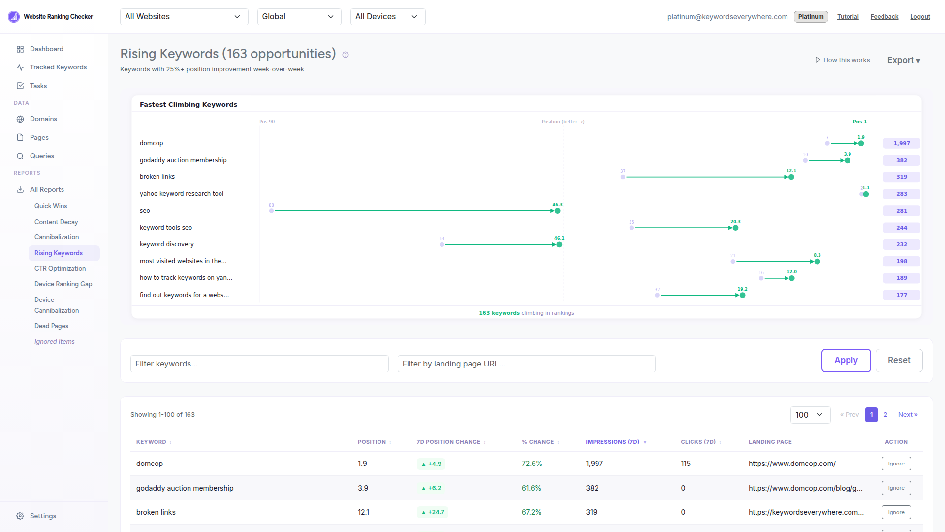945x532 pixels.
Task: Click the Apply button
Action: point(846,360)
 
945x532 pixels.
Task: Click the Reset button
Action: point(899,360)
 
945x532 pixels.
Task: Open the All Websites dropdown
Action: point(184,17)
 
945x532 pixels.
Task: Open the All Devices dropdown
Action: point(387,17)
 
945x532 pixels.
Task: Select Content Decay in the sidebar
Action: point(56,222)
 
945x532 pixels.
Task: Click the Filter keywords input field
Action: point(259,364)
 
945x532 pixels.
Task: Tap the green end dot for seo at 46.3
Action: point(557,211)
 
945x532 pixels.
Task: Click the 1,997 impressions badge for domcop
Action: point(901,143)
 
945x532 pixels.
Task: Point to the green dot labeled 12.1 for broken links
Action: point(791,177)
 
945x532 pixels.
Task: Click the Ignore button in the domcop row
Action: point(896,464)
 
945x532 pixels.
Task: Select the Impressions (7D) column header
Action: point(612,442)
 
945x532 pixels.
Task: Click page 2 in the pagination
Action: point(885,415)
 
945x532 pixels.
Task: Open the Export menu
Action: point(903,60)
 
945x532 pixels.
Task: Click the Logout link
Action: point(919,17)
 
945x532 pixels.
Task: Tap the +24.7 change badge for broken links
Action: point(433,512)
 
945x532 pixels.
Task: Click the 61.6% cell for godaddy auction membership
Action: point(531,488)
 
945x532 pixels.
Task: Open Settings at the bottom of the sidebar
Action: point(43,516)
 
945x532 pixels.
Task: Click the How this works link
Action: point(842,60)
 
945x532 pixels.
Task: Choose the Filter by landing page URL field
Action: point(526,364)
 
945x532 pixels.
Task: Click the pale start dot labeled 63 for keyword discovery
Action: point(441,245)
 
